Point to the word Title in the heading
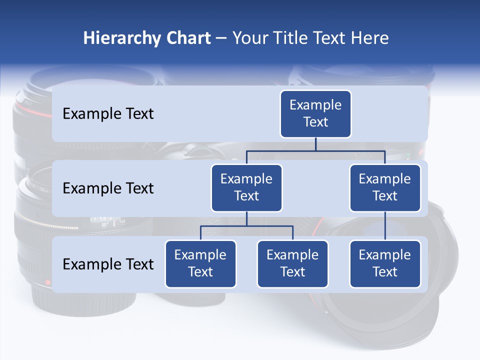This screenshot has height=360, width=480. click(293, 38)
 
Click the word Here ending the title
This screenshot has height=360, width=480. click(369, 38)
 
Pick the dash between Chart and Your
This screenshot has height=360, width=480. click(221, 39)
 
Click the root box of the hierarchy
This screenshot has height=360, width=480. click(315, 114)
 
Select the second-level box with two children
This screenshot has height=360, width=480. click(246, 188)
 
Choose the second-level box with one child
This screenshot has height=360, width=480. click(385, 188)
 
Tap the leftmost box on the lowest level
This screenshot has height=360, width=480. click(200, 264)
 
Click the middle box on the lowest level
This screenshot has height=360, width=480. click(292, 264)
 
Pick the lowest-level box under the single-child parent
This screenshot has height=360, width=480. click(385, 264)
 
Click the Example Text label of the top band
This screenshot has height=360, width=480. click(108, 114)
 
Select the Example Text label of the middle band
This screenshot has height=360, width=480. click(108, 188)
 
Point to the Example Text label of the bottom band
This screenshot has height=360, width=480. click(108, 264)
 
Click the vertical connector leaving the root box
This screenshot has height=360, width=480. click(315, 144)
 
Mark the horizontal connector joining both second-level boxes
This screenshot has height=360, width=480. click(350, 150)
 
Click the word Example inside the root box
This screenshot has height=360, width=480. click(315, 105)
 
